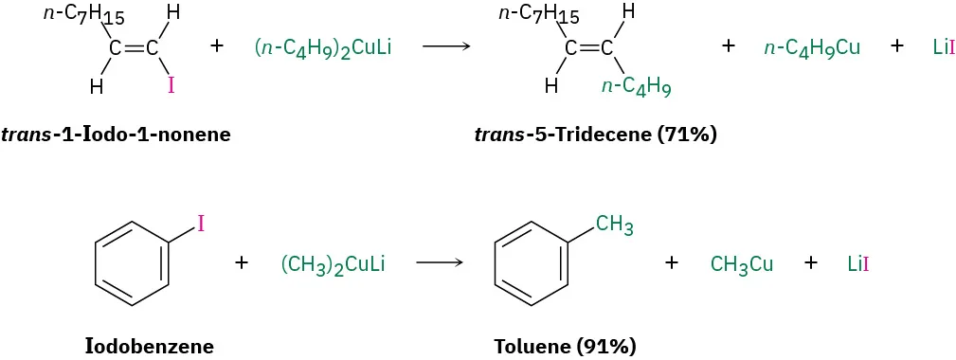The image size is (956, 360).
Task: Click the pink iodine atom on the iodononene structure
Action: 171,86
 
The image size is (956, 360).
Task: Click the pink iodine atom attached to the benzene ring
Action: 201,224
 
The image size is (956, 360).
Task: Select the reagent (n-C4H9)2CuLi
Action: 323,46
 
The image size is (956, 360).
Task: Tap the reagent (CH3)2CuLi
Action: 333,263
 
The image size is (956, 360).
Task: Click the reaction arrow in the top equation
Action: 446,45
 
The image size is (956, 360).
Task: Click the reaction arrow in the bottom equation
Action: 438,262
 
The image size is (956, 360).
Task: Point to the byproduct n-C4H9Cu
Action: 812,46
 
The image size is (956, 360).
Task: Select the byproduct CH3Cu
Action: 742,264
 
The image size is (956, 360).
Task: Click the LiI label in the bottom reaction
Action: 858,264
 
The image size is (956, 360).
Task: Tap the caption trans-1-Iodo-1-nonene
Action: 116,134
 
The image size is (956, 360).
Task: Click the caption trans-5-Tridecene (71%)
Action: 595,134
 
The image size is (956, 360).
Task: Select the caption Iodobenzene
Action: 149,346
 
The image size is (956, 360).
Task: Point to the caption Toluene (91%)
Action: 565,346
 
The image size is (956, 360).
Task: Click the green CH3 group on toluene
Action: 614,225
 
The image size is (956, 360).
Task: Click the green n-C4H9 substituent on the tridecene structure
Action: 637,88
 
